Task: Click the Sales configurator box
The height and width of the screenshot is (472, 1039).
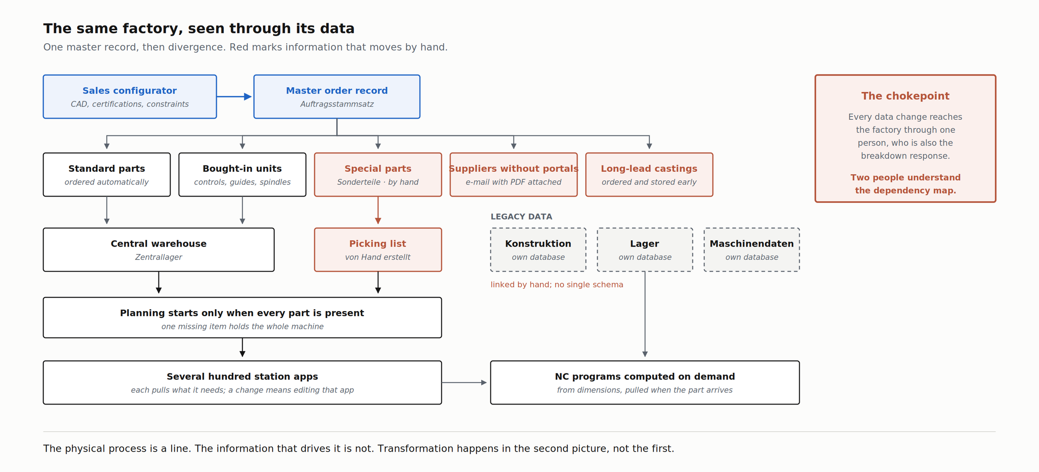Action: click(130, 96)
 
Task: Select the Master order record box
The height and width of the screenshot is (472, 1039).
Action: click(337, 96)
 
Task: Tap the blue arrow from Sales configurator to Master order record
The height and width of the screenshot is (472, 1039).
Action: click(234, 96)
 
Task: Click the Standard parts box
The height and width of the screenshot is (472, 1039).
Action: click(107, 175)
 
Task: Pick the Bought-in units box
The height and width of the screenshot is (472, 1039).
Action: click(242, 175)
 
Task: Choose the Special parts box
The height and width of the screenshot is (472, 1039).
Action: click(378, 175)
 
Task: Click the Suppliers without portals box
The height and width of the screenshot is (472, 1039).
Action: click(514, 175)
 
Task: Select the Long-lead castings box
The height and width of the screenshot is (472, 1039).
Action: click(649, 175)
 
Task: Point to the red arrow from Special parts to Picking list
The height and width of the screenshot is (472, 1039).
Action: click(378, 210)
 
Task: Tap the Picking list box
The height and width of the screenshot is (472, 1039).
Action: click(378, 250)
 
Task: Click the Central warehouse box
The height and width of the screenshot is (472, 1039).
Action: click(159, 250)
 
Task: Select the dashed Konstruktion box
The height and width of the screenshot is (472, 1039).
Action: click(538, 250)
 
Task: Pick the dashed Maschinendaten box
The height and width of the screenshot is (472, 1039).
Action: click(752, 250)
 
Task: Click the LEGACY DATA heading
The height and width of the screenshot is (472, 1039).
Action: click(521, 217)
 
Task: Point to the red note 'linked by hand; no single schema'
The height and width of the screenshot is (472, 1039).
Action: click(557, 284)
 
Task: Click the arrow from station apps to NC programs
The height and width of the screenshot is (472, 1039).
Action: click(464, 382)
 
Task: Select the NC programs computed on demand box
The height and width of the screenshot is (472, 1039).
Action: click(645, 383)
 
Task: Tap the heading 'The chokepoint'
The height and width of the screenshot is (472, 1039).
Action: click(905, 96)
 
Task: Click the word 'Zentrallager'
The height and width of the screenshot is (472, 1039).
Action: click(159, 257)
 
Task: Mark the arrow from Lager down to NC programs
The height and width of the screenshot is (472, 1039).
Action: click(645, 314)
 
